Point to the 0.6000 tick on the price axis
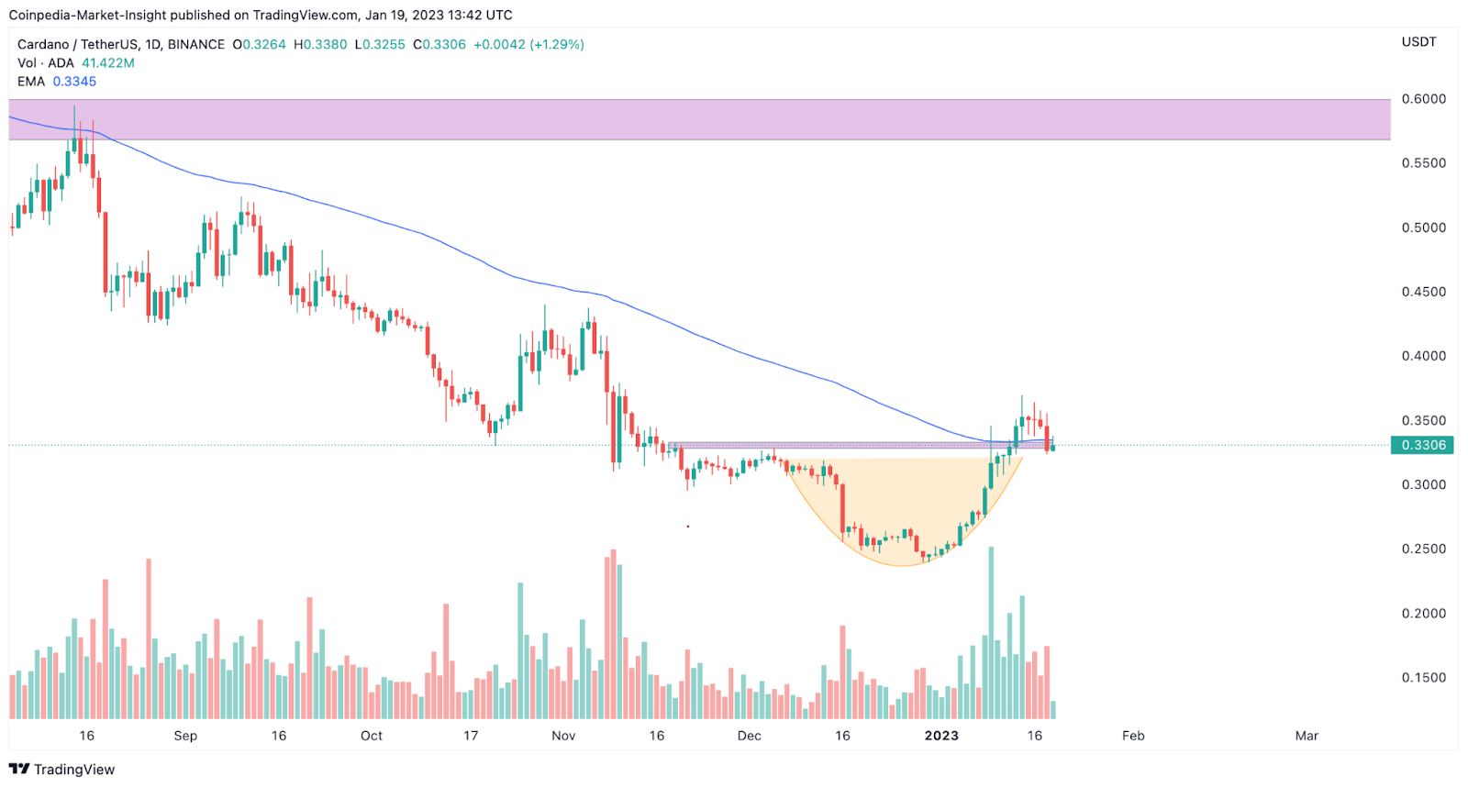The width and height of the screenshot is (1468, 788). pos(1423,99)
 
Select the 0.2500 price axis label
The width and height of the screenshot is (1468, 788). pos(1423,549)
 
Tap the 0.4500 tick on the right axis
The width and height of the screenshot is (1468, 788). pos(1423,292)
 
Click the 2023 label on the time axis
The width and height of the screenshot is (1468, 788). pos(941,736)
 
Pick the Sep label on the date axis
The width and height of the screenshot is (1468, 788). pos(185,736)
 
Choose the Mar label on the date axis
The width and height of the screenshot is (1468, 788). pos(1307,736)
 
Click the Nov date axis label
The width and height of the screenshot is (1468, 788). pos(563,736)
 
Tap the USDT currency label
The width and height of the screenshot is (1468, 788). pos(1418,42)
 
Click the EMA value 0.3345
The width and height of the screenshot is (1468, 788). pos(74,82)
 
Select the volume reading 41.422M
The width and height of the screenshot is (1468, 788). pos(108,63)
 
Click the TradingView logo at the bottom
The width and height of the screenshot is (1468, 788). pos(62,770)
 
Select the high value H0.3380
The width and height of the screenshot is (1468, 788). pos(320,44)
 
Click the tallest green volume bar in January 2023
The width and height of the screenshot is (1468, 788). pos(991,633)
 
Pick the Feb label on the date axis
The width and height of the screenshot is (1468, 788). pos(1133,736)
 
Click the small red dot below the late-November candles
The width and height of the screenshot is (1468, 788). pos(688,527)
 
